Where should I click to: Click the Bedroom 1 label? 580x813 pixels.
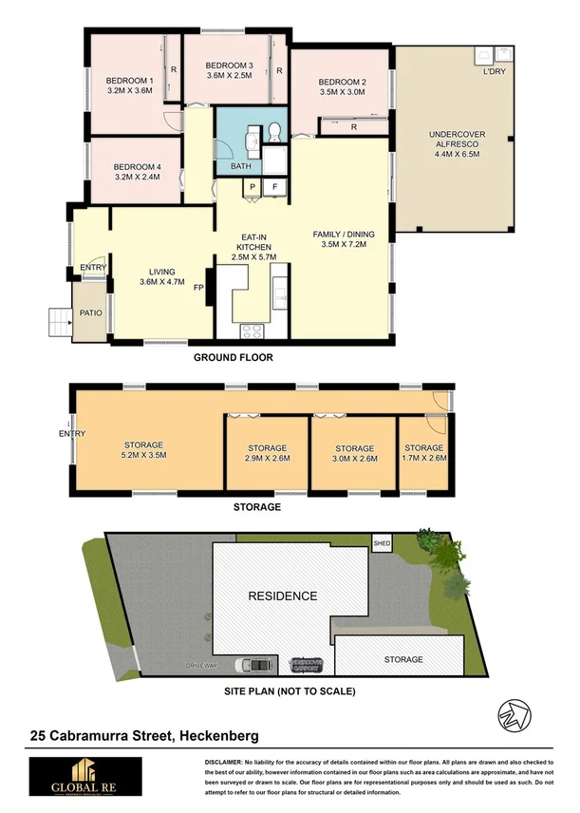coord(129,81)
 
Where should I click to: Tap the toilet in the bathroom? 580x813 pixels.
coord(272,130)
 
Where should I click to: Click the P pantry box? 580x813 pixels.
coord(253,188)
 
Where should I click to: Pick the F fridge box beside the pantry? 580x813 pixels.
coord(275,188)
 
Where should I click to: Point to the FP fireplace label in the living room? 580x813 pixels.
coord(199,287)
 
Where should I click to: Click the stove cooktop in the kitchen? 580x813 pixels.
coord(253,331)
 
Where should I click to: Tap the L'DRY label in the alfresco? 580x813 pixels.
coord(495,72)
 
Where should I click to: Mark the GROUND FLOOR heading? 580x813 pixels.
coord(233,358)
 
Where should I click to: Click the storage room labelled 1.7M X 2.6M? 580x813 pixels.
coord(423,453)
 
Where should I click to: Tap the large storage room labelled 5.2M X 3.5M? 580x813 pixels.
coord(144,450)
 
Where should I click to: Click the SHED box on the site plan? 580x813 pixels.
coord(382,543)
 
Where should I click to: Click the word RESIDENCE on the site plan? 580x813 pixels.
coord(282,596)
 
